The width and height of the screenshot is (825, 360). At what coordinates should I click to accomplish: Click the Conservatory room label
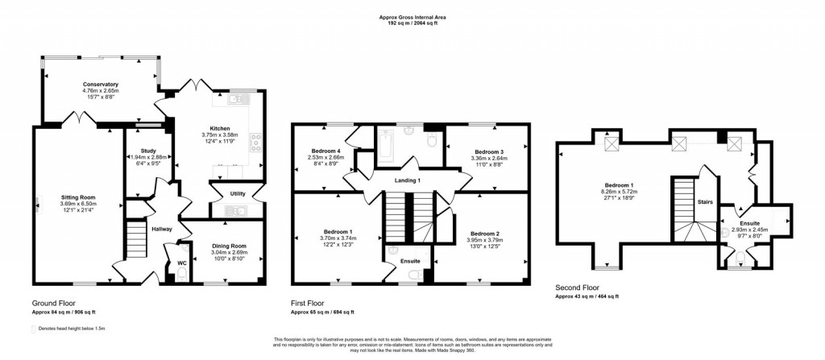[101, 85]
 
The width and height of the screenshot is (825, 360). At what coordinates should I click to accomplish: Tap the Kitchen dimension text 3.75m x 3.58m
[221, 135]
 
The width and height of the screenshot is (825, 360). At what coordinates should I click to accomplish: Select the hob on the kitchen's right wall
[257, 143]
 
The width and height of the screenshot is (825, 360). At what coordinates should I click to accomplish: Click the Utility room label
[238, 194]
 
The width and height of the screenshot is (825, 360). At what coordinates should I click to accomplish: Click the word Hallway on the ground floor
[162, 230]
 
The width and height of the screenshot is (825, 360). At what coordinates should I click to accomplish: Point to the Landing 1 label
[407, 180]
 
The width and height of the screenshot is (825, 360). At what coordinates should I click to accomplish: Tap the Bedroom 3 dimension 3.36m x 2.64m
[489, 159]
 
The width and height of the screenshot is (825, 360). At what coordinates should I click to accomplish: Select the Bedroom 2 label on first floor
[484, 232]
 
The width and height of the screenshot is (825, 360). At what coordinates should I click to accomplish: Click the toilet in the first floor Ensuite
[412, 275]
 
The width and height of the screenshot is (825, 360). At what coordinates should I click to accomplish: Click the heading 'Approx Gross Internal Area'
[412, 16]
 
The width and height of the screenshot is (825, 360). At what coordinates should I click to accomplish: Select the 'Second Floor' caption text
[577, 288]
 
